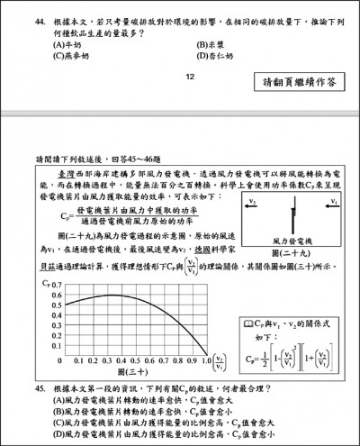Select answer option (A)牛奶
(x=72, y=41)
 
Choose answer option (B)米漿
(x=211, y=41)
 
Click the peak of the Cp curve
(x=109, y=296)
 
